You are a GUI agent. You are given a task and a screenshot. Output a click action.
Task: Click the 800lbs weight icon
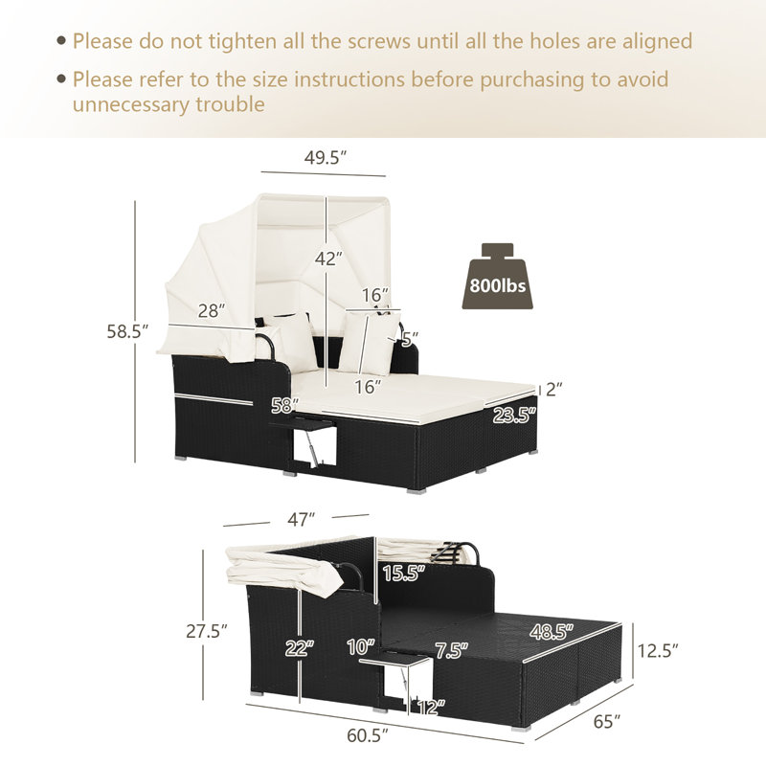tap(497, 276)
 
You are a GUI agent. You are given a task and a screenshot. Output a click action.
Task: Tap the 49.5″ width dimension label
tap(326, 157)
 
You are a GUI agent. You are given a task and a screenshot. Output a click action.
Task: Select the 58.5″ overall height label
tap(127, 331)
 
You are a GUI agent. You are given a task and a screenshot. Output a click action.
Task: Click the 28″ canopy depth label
tap(212, 310)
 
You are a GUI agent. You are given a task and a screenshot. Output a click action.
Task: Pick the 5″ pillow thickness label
tap(410, 337)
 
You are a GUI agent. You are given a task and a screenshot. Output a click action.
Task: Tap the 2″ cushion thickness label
tap(554, 390)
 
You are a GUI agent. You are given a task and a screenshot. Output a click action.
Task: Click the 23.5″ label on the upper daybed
tap(514, 416)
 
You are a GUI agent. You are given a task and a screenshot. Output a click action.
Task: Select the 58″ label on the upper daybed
tap(284, 405)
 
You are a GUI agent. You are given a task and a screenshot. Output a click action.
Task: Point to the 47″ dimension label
tap(301, 519)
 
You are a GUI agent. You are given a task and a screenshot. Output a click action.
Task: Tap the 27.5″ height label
tap(207, 631)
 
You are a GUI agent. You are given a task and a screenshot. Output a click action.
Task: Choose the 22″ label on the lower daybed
tap(300, 648)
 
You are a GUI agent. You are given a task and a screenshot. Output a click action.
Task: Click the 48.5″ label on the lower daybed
tap(552, 632)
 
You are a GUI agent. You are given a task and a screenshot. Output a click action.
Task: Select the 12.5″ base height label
tap(658, 651)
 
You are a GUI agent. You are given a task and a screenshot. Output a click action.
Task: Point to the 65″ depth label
tap(607, 721)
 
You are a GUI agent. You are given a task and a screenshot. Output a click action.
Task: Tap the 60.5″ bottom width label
tap(368, 735)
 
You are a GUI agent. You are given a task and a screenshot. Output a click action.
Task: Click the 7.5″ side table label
tap(451, 650)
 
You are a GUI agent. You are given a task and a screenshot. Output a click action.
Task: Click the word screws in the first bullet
tap(379, 41)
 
